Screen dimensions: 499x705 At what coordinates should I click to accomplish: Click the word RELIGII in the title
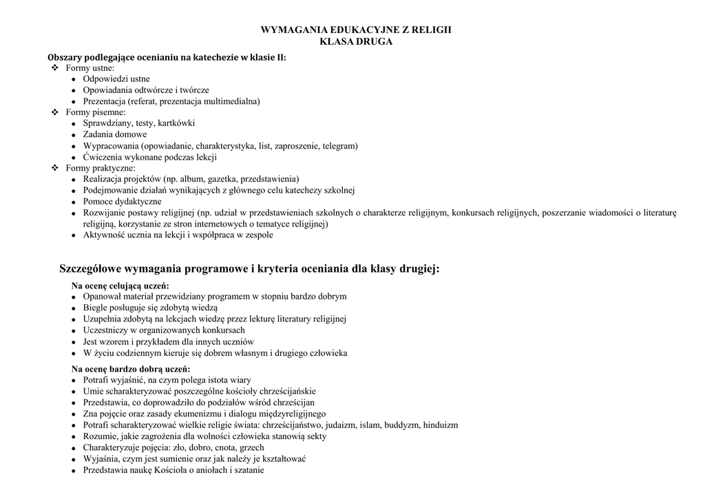[x=433, y=30]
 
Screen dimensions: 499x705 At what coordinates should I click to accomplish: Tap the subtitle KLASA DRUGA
[x=357, y=42]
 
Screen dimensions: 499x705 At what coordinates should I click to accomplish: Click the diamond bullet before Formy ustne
[x=56, y=68]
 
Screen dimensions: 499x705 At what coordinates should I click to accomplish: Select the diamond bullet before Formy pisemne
[x=56, y=112]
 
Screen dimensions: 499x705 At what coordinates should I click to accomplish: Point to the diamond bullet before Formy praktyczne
[x=56, y=167]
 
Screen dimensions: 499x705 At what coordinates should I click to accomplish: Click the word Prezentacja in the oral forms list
[x=104, y=101]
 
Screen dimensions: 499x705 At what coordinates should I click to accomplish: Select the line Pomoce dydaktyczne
[x=123, y=202]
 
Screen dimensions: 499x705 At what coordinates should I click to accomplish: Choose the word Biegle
[x=96, y=308]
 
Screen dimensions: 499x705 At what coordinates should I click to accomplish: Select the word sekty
[x=313, y=436]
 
